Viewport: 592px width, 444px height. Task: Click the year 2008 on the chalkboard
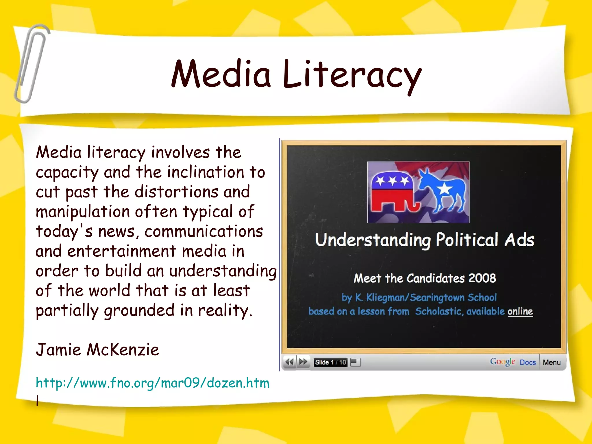pyautogui.click(x=482, y=278)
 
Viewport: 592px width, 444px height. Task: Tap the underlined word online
pyautogui.click(x=520, y=312)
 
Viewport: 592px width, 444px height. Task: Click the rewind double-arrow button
pyautogui.click(x=289, y=362)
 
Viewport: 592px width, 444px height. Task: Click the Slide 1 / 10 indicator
pyautogui.click(x=330, y=362)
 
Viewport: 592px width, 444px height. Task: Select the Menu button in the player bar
pyautogui.click(x=552, y=362)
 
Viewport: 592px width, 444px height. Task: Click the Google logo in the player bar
pyautogui.click(x=502, y=362)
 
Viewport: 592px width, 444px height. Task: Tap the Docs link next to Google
pyautogui.click(x=528, y=362)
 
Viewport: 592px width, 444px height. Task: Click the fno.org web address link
pyautogui.click(x=153, y=383)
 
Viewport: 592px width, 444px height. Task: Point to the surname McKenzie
pyautogui.click(x=123, y=350)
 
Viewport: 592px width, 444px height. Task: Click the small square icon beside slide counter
pyautogui.click(x=355, y=362)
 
